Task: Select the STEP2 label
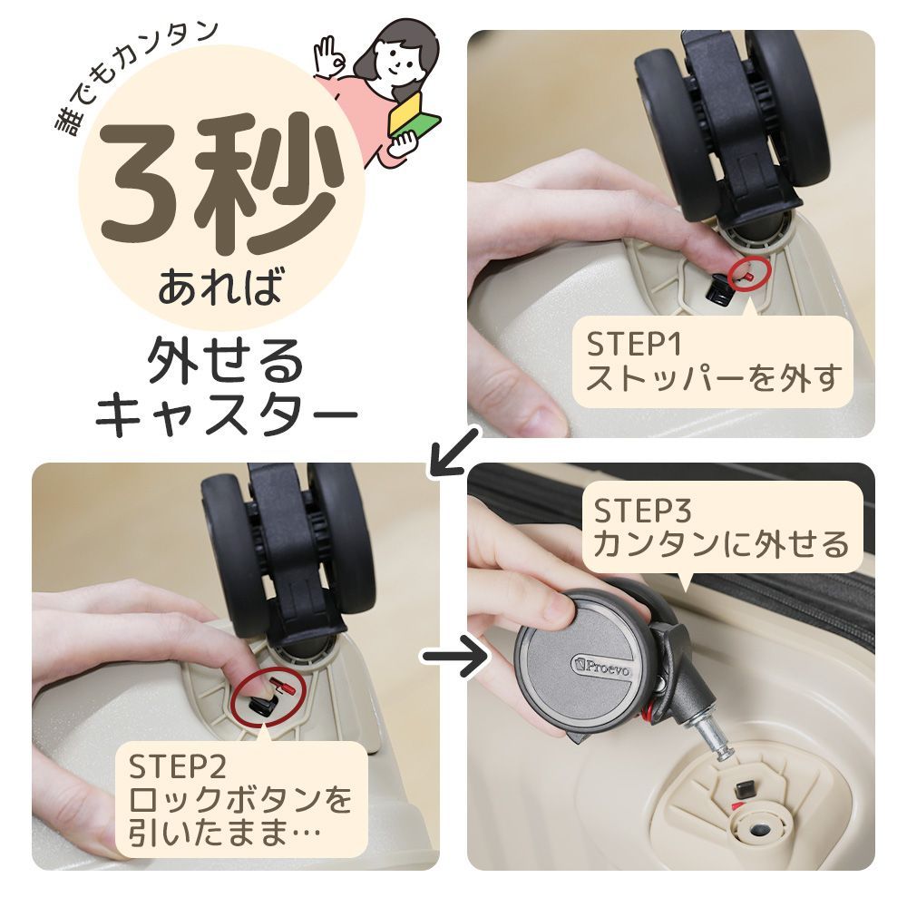click(176, 767)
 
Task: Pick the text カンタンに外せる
click(721, 545)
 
